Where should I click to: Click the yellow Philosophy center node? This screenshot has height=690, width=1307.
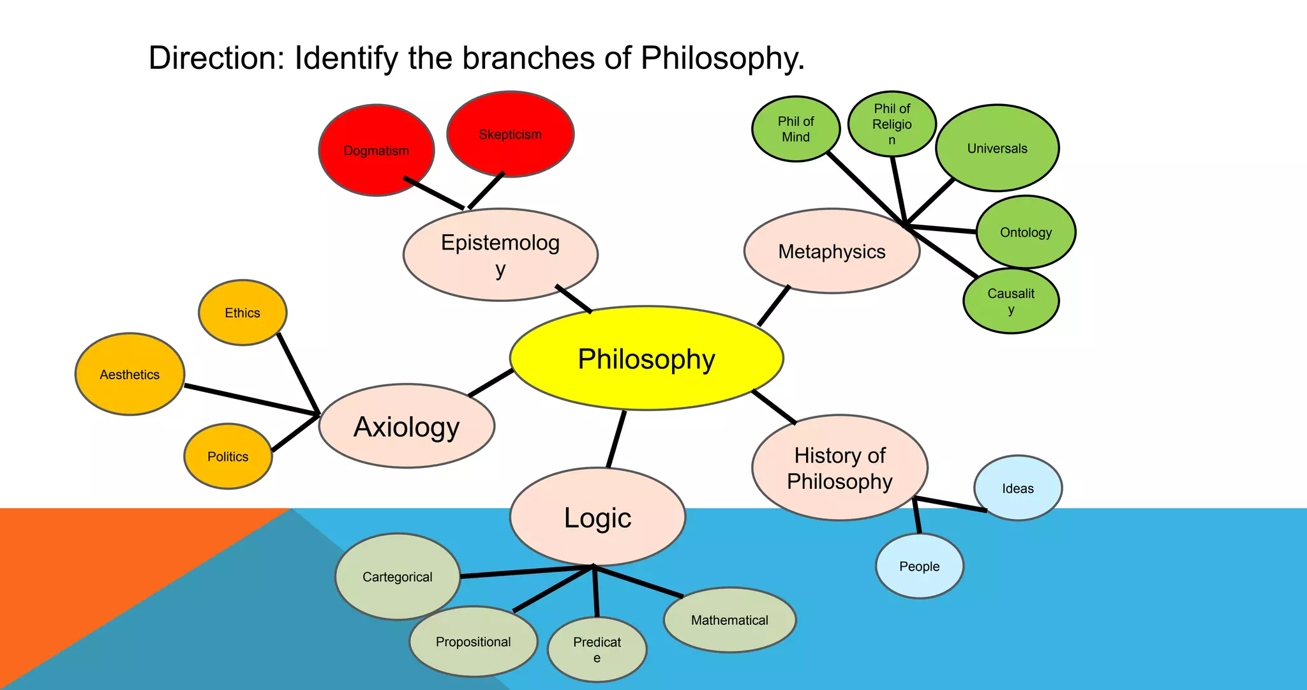coord(646,358)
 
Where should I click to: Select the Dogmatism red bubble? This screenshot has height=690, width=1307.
coord(377,151)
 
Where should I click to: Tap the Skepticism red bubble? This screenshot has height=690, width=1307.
coord(510,134)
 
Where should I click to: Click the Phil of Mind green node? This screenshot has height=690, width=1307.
coord(795,129)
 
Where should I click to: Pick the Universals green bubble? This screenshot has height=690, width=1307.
coord(997,148)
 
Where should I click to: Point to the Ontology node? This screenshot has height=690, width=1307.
coord(1026,232)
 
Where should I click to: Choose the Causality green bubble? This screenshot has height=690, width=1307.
coord(1011,301)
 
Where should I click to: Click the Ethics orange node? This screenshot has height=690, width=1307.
coord(243,313)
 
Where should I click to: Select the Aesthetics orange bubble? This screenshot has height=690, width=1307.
coord(130,375)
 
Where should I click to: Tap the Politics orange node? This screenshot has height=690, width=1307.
coord(228,456)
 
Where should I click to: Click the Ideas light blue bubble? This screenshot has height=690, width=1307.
coord(1017,488)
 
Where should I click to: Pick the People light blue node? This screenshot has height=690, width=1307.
coord(919,566)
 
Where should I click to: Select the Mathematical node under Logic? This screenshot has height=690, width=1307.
coord(729,620)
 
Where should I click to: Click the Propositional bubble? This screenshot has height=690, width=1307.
coord(473,641)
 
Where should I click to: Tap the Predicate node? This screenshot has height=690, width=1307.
coord(597,649)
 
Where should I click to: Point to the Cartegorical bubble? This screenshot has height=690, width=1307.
coord(397,577)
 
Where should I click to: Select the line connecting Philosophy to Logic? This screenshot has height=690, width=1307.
coord(616,439)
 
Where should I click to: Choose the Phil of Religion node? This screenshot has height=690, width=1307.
coord(892,124)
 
